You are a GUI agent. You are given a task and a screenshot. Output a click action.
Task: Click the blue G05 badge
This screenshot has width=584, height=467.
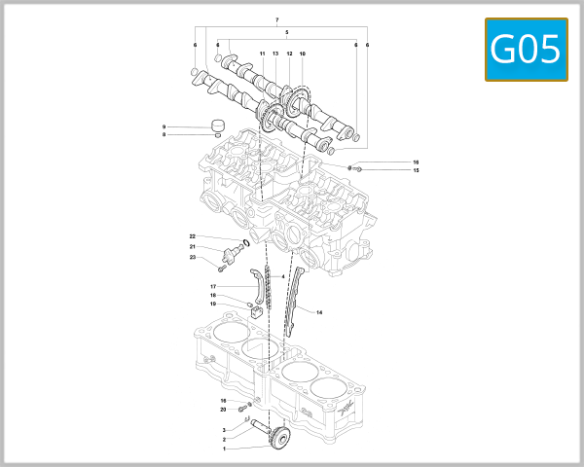pyautogui.click(x=527, y=49)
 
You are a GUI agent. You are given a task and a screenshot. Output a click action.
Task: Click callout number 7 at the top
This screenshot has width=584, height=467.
pyautogui.click(x=277, y=20)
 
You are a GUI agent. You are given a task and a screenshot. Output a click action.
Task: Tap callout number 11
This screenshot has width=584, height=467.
pyautogui.click(x=262, y=53)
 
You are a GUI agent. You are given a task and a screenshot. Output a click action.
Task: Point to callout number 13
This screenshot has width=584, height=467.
pyautogui.click(x=275, y=53)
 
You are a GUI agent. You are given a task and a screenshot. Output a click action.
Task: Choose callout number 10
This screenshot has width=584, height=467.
pyautogui.click(x=303, y=53)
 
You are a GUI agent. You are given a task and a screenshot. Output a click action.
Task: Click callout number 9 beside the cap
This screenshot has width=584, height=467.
pyautogui.click(x=164, y=126)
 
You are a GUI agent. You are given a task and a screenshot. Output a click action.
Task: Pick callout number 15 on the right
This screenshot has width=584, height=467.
pyautogui.click(x=415, y=170)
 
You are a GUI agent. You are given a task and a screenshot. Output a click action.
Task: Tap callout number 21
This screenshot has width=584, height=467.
pyautogui.click(x=193, y=247)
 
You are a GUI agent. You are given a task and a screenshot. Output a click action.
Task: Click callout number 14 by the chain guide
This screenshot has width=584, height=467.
pyautogui.click(x=319, y=312)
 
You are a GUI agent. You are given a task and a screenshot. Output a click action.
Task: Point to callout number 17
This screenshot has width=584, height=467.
pyautogui.click(x=212, y=286)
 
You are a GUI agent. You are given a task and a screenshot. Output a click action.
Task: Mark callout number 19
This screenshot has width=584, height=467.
pyautogui.click(x=213, y=304)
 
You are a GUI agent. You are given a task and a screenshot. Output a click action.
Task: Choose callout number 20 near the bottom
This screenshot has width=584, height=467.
pyautogui.click(x=223, y=409)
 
